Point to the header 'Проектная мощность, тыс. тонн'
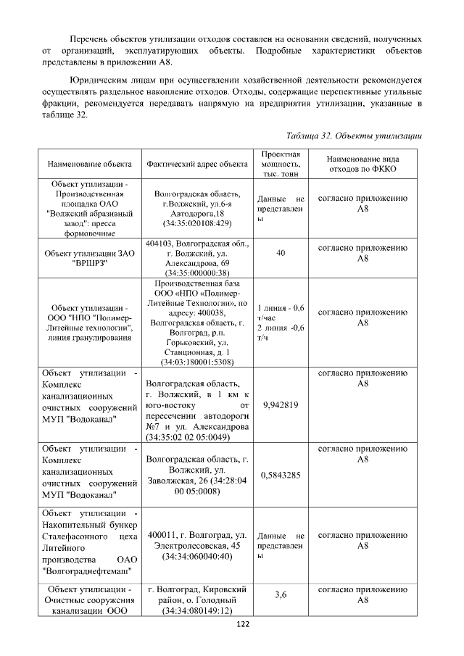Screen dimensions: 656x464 point(280,165)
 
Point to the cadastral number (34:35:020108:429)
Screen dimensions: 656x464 point(196,225)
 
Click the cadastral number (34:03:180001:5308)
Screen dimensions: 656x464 point(196,361)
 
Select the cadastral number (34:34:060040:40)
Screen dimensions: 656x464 point(196,557)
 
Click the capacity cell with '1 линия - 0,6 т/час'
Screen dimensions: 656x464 point(280,312)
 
